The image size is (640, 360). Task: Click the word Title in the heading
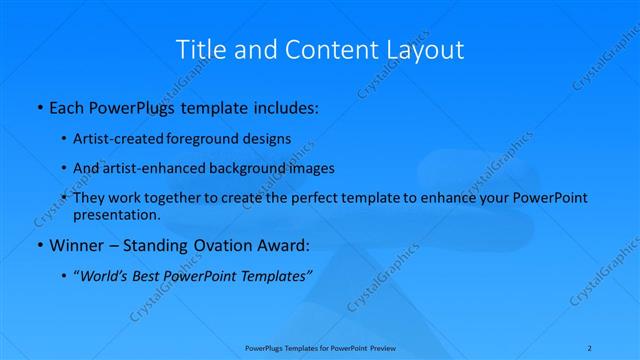pos(199,49)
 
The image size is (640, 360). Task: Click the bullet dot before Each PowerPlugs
pos(38,105)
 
